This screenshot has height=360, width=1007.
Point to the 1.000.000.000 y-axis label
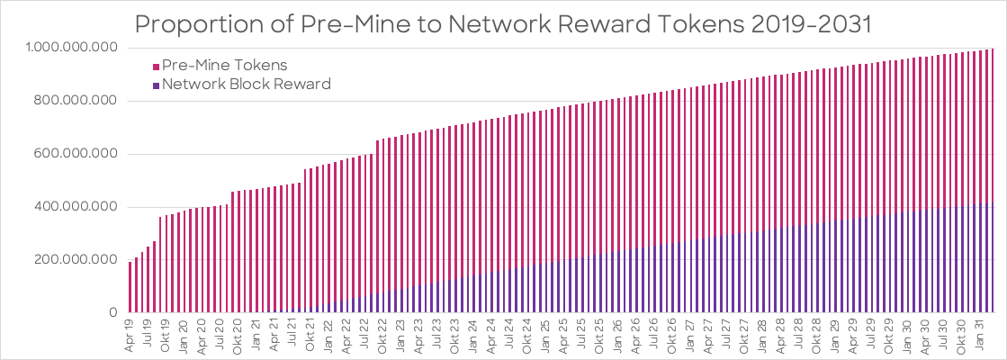pos(73,48)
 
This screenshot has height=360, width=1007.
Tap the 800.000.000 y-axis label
pos(77,101)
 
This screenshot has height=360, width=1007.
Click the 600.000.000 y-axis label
pos(77,154)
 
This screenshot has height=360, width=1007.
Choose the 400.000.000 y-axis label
pos(77,207)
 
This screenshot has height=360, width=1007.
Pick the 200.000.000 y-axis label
pos(77,260)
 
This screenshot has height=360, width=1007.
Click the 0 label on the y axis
pos(114,313)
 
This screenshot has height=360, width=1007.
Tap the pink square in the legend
pos(156,66)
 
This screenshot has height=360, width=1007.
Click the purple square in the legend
pos(156,85)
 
